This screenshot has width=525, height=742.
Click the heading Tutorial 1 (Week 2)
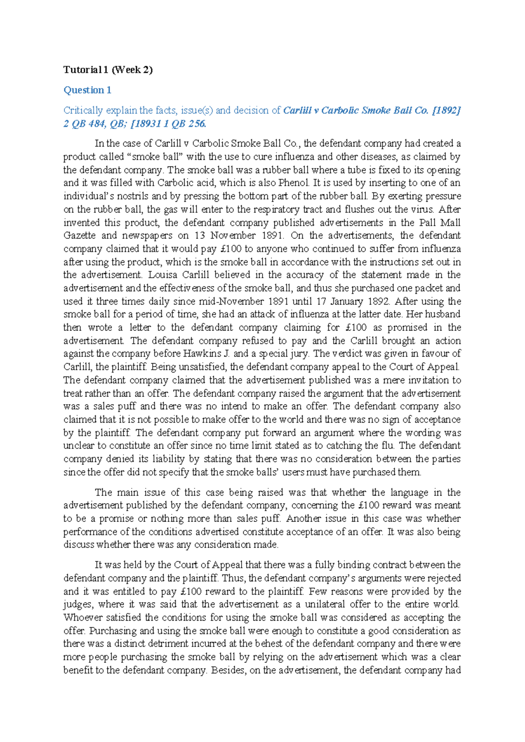point(108,70)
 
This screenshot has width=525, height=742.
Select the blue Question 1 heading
point(87,90)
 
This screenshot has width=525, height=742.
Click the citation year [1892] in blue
point(446,111)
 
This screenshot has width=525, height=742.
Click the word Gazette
point(80,235)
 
